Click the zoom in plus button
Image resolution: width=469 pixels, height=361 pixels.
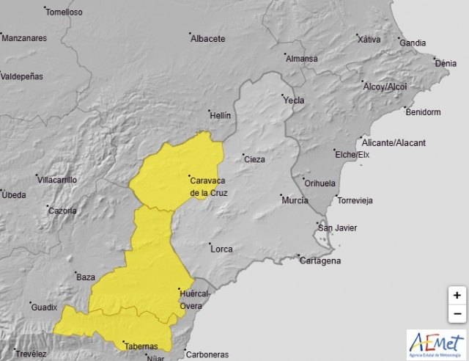point(457,295)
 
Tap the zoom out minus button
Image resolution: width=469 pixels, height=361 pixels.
point(457,313)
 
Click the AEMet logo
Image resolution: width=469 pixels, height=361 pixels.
point(437,344)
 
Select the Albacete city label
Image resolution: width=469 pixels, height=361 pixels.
point(208,39)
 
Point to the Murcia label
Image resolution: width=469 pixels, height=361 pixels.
point(295,200)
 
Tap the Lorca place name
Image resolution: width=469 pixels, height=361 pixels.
point(221,249)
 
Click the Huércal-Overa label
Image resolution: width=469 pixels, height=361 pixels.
point(196,299)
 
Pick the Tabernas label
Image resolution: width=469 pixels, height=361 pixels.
point(141,346)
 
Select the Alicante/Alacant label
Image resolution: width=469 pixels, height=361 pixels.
point(396,142)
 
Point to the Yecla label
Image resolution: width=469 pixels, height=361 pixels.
point(294,100)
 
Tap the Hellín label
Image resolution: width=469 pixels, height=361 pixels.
point(220,116)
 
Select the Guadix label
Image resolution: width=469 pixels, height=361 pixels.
point(44,307)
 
